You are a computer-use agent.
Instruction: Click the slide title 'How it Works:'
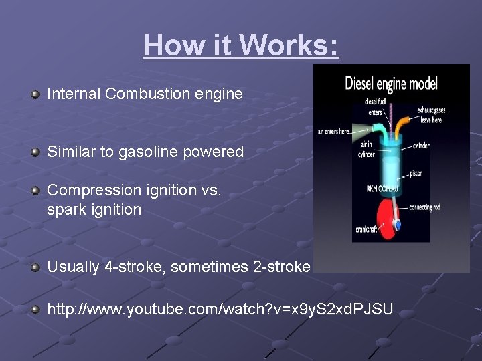click(241, 45)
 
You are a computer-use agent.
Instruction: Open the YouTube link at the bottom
click(220, 310)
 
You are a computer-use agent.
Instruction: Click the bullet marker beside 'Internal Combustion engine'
click(35, 94)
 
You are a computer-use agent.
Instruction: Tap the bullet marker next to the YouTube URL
click(35, 310)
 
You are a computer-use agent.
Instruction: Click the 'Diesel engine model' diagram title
click(391, 84)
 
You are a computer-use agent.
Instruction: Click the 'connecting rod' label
click(426, 207)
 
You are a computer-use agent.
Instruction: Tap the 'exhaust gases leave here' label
click(430, 114)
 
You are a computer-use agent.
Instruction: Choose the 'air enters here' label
click(334, 132)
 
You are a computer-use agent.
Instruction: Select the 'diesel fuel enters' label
click(375, 107)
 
